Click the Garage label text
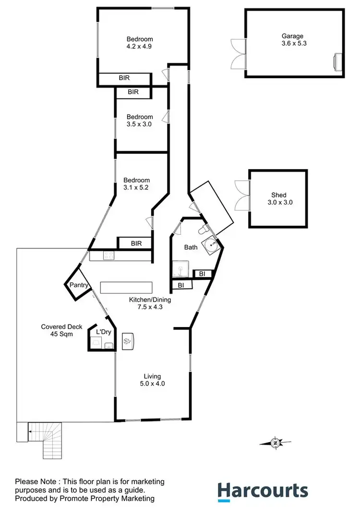(292, 36)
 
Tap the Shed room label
(278, 195)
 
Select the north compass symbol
(276, 443)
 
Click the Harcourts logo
(263, 491)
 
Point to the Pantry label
(79, 285)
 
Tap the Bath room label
(191, 247)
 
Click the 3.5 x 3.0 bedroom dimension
(140, 124)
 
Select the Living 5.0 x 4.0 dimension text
(152, 384)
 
